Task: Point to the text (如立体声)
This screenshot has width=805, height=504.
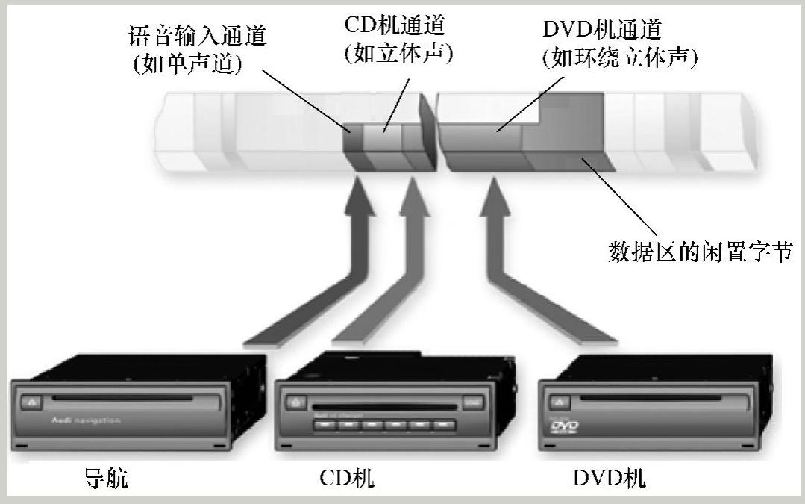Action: [x=399, y=53]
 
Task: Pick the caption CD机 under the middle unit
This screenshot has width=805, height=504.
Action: [x=348, y=478]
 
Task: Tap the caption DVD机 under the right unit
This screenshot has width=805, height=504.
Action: [x=609, y=478]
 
